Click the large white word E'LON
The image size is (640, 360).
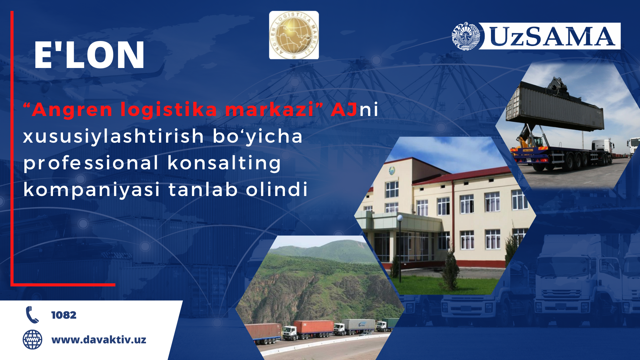(x=89, y=55)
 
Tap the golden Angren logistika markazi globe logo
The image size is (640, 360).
(x=294, y=35)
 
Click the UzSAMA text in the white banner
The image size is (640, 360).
(x=552, y=36)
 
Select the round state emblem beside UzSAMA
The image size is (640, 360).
(x=466, y=36)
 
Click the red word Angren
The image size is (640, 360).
(x=72, y=110)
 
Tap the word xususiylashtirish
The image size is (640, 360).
(x=113, y=137)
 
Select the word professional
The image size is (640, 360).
(x=91, y=164)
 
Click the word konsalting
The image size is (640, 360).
(x=224, y=164)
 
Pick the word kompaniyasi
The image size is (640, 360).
(x=92, y=190)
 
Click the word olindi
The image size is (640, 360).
(x=277, y=189)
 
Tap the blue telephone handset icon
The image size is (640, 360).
(x=32, y=315)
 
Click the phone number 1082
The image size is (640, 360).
(x=64, y=315)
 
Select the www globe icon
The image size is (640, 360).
(x=32, y=340)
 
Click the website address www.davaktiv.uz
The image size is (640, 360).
(x=99, y=340)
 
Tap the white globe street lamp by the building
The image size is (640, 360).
(x=400, y=218)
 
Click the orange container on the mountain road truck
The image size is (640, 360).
(x=314, y=327)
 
